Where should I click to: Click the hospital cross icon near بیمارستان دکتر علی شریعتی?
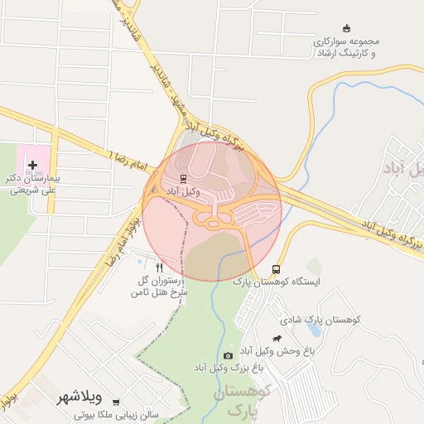[x=32, y=166]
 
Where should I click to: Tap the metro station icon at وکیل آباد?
[x=183, y=178]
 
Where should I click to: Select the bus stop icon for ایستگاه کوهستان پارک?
[x=276, y=269]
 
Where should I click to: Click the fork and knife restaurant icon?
[x=159, y=268]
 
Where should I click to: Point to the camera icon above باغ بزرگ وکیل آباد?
[x=228, y=355]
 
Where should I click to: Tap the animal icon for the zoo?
[x=279, y=338]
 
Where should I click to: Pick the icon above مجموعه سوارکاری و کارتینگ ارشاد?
[x=345, y=28]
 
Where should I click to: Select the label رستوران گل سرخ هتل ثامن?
[x=162, y=286]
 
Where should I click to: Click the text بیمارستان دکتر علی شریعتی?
[x=36, y=183]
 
